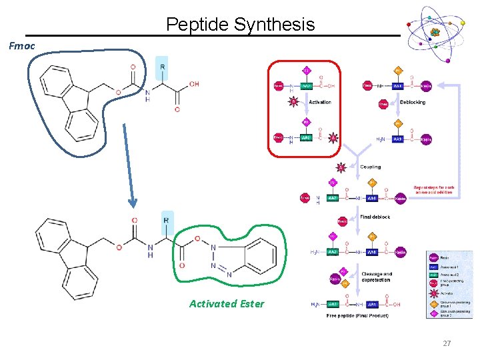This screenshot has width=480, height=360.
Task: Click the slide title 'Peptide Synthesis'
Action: point(240,25)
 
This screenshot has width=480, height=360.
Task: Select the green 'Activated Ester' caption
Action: point(227,304)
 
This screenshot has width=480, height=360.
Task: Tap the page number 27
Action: point(447,343)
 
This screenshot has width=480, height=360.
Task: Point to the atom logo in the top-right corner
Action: point(435,33)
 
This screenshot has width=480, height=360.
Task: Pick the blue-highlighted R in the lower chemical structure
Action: point(166,221)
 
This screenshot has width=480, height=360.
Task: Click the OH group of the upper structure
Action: point(193,84)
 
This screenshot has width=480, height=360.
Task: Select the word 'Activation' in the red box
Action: point(319,103)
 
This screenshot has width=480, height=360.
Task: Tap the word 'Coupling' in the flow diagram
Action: point(371,167)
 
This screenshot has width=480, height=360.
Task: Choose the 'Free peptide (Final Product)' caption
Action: point(357,315)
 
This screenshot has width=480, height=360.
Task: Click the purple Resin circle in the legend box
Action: point(433,257)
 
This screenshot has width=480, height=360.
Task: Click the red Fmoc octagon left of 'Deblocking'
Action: point(383,104)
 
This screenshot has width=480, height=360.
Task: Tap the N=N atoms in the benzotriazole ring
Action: point(221,271)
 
